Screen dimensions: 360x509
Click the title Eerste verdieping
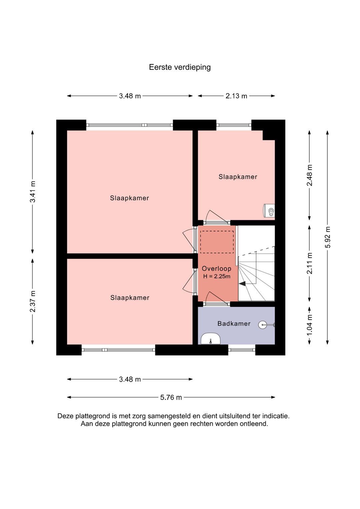(x=180, y=67)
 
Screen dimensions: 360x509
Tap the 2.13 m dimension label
(x=236, y=96)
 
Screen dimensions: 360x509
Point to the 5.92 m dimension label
(x=328, y=237)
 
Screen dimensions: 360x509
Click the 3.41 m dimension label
(x=33, y=191)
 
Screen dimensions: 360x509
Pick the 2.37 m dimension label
(x=33, y=302)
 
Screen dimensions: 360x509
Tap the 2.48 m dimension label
(x=310, y=175)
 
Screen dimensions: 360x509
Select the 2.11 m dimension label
(x=310, y=263)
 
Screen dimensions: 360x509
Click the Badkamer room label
(x=234, y=324)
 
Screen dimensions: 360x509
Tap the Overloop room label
(x=216, y=269)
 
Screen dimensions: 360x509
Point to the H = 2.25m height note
(x=217, y=277)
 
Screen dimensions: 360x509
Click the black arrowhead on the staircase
(x=243, y=284)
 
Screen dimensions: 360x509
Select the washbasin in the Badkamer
(x=211, y=339)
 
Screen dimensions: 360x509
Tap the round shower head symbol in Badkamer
(x=262, y=325)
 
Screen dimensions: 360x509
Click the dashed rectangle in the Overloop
(x=217, y=242)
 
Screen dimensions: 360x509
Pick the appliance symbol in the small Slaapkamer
(x=269, y=211)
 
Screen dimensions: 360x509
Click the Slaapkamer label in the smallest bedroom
(x=238, y=177)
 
